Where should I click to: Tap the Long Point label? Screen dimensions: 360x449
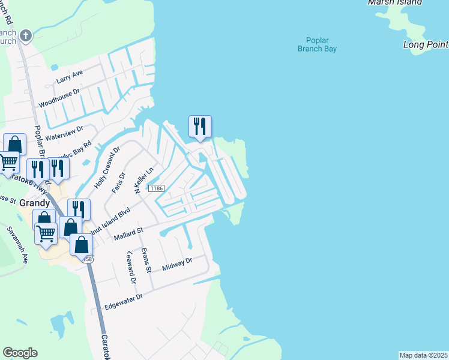[426, 45]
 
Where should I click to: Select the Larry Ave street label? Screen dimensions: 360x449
[69, 76]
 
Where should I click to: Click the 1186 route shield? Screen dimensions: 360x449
[157, 188]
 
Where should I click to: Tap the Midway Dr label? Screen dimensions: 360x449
[180, 262]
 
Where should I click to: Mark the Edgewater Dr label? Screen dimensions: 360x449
[123, 301]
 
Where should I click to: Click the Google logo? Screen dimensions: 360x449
[20, 353]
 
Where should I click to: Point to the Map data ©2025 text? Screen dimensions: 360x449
[423, 355]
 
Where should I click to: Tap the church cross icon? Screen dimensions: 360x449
[25, 35]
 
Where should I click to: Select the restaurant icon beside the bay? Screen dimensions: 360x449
[200, 127]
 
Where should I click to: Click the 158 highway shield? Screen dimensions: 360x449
[88, 259]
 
